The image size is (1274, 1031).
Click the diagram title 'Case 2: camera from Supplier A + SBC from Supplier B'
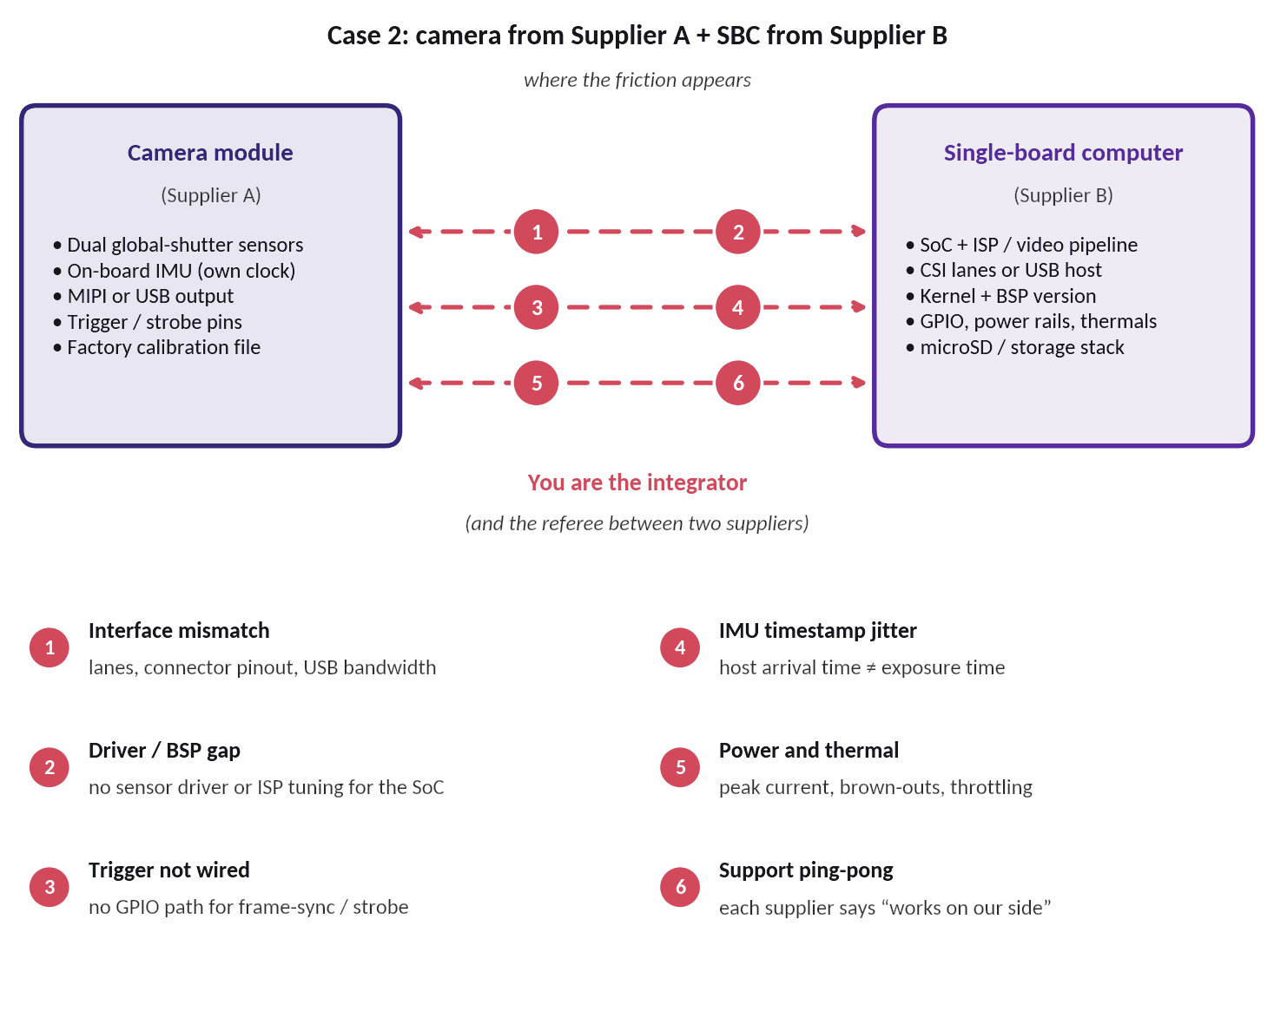(637, 36)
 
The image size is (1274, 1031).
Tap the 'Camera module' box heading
(210, 153)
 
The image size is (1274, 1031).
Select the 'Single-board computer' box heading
(1063, 153)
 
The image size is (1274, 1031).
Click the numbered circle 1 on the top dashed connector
(537, 232)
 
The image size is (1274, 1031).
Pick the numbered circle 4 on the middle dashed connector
(738, 307)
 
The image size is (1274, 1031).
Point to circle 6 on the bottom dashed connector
(738, 383)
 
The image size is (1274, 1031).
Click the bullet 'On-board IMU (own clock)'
(174, 271)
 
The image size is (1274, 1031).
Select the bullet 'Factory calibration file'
(156, 347)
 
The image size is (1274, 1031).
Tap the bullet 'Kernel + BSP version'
(1001, 296)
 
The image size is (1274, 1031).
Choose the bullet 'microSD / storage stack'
(1015, 347)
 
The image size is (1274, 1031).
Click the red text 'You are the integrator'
(637, 483)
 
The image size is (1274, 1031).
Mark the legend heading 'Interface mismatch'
(179, 631)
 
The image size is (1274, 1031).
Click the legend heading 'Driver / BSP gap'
(164, 750)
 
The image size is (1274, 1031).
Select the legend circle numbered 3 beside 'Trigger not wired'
(50, 887)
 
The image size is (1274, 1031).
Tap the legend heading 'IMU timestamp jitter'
(817, 631)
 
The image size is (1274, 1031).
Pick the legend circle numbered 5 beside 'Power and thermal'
(680, 767)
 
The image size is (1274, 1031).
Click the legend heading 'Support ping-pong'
(806, 870)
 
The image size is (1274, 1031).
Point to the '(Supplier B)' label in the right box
(1063, 195)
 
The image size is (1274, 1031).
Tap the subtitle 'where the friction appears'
(637, 80)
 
